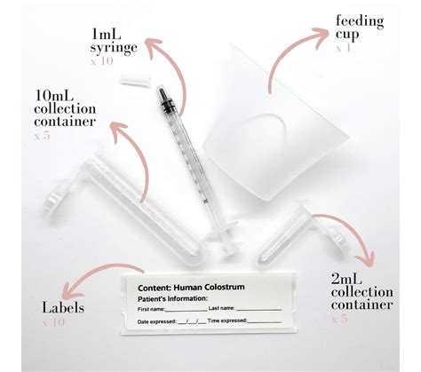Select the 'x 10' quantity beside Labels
click(x=55, y=323)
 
